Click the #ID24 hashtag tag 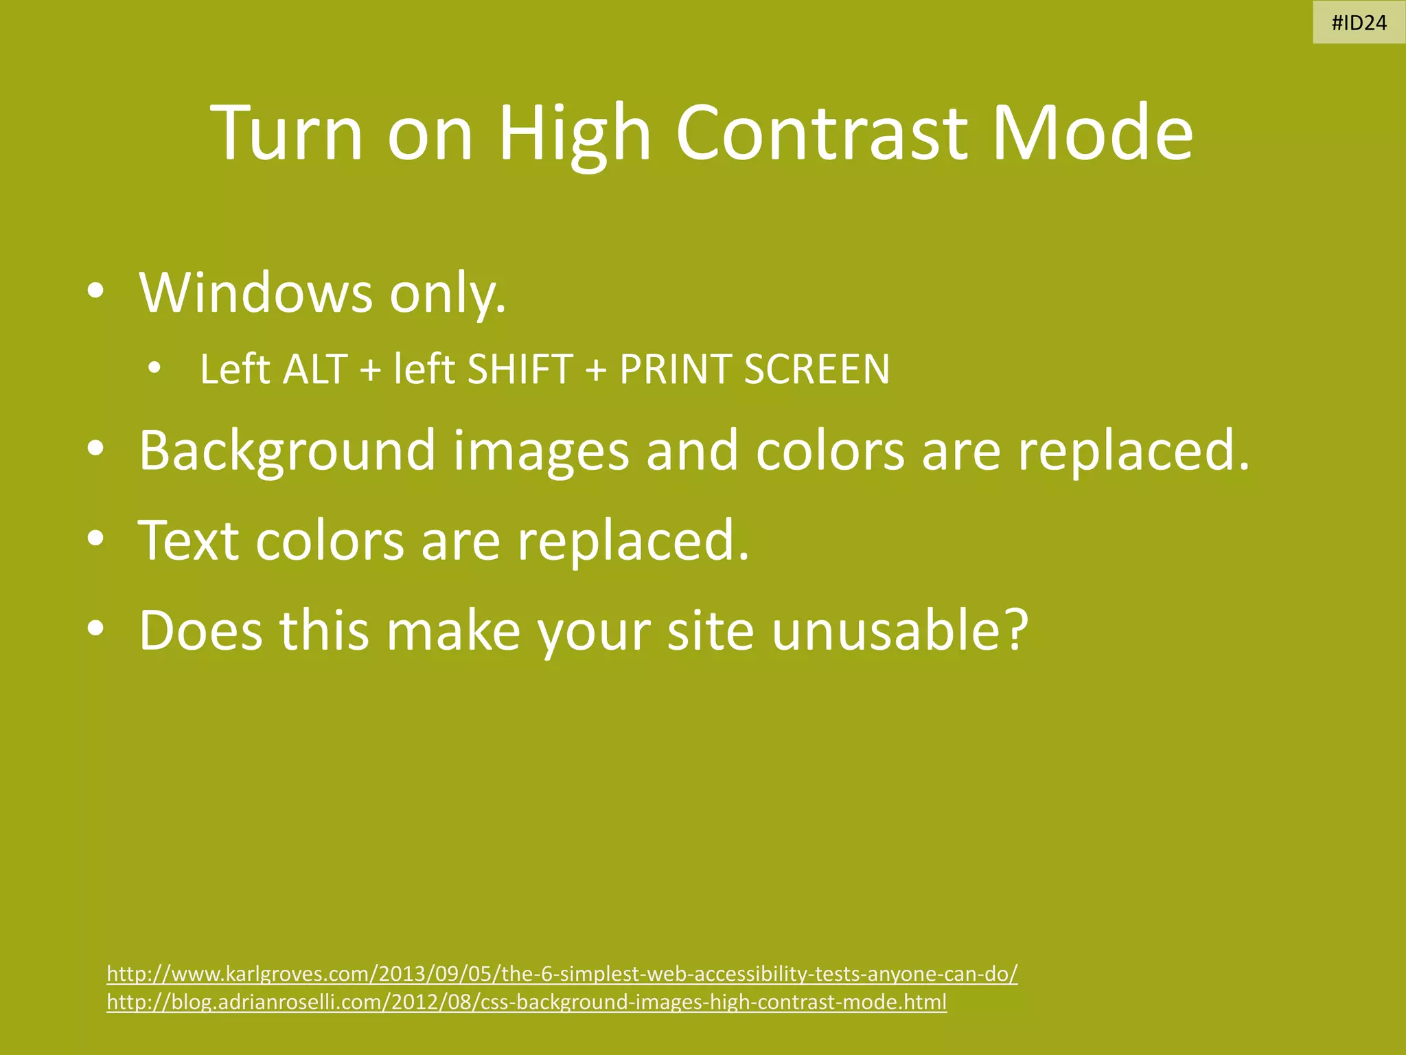click(x=1359, y=23)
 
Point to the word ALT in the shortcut click(x=316, y=370)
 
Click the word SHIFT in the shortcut click(x=520, y=370)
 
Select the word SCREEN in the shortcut click(x=817, y=370)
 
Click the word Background click(x=287, y=451)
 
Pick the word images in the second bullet click(x=541, y=451)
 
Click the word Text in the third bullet click(x=188, y=541)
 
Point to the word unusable click(x=899, y=631)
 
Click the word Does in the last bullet click(x=200, y=631)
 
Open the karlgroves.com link click(x=562, y=974)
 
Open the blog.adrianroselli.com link click(x=527, y=1002)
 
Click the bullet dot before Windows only click(x=95, y=291)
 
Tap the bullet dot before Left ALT click(x=154, y=368)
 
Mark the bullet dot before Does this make click(x=95, y=628)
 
